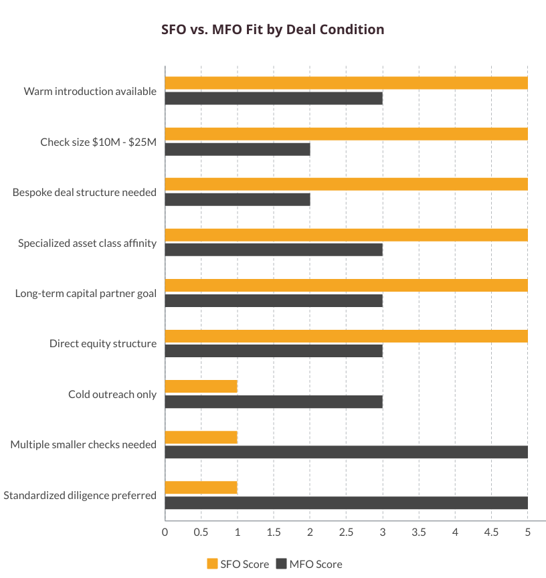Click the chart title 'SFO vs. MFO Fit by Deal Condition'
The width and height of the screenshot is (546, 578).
click(273, 29)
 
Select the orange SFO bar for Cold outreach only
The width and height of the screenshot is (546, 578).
click(201, 386)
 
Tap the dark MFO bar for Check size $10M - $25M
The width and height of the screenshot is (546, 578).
click(237, 149)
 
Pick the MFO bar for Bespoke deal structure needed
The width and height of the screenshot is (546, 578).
click(237, 199)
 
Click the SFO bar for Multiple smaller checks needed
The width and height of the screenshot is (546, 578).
click(201, 437)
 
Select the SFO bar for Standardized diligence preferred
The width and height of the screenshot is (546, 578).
click(201, 487)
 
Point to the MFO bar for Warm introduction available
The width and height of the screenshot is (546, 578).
click(274, 98)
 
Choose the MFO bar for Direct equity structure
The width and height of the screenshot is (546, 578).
click(274, 351)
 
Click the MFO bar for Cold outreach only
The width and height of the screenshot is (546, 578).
click(274, 401)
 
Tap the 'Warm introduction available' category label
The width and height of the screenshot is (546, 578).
click(90, 91)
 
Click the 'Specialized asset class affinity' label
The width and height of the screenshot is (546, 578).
click(87, 243)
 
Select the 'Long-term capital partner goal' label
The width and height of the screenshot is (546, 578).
click(86, 293)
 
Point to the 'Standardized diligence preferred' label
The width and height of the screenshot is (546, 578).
click(80, 495)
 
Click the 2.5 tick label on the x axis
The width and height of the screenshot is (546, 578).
click(346, 533)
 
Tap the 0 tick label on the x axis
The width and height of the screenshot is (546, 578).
click(165, 533)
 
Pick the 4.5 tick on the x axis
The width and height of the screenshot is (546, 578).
click(491, 533)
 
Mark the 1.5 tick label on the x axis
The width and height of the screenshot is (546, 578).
click(274, 533)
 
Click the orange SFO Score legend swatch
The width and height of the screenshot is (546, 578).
click(213, 564)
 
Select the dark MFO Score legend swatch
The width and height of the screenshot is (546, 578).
click(280, 564)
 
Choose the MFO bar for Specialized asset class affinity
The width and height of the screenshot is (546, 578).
click(274, 250)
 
